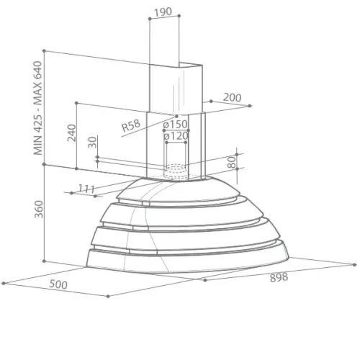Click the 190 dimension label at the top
click(x=163, y=12)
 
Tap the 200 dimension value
click(x=232, y=97)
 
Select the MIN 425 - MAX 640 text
click(x=38, y=108)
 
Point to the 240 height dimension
click(x=71, y=132)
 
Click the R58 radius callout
click(x=131, y=125)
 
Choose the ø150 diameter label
click(x=175, y=124)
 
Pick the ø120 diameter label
click(x=176, y=136)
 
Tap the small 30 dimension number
click(x=92, y=143)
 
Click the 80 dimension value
click(x=232, y=162)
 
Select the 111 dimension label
click(x=86, y=189)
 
